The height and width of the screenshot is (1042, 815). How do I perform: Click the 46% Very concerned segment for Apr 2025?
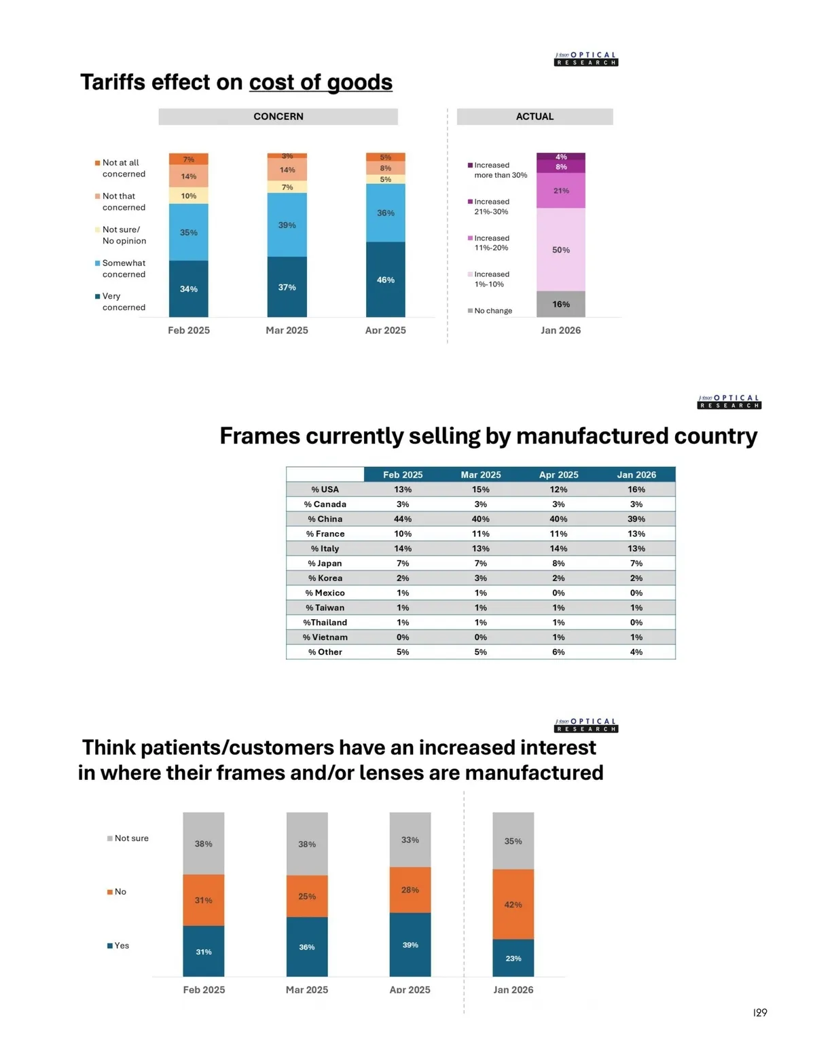[x=385, y=280]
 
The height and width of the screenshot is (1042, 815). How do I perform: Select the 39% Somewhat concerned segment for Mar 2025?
[x=287, y=225]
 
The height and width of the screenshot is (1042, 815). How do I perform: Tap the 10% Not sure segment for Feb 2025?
[x=189, y=196]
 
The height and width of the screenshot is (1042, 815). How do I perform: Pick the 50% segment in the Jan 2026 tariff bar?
[x=561, y=250]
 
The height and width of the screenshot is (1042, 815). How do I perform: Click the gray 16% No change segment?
[x=561, y=304]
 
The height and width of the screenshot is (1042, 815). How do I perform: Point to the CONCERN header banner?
[x=278, y=117]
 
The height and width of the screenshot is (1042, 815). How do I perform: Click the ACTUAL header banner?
[x=535, y=117]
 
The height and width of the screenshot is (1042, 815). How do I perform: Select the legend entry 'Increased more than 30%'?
[x=498, y=170]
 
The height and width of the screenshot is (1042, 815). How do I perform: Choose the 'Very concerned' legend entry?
[x=122, y=302]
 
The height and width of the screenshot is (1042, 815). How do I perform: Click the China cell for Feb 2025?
[x=403, y=519]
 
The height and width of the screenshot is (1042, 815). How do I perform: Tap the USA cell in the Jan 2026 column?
[x=636, y=489]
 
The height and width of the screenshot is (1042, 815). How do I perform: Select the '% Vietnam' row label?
[x=325, y=637]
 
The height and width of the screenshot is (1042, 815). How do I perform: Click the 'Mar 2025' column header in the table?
[x=481, y=475]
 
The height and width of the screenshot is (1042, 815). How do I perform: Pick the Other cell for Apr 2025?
[x=558, y=652]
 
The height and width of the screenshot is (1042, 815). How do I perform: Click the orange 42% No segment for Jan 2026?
[x=513, y=905]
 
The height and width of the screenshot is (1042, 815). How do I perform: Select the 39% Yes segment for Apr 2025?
[x=410, y=945]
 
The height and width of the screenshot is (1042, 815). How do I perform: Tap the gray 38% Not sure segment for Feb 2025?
[x=204, y=844]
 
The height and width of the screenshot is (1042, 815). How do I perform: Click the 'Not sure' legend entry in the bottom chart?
[x=128, y=838]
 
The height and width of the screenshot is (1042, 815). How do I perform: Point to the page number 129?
[x=760, y=1013]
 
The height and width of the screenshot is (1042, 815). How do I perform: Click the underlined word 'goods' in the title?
[x=359, y=83]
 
